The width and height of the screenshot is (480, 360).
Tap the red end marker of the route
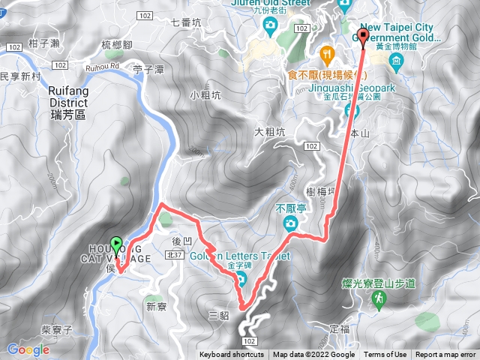tap(364, 36)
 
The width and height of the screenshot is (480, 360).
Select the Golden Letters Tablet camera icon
tap(242, 280)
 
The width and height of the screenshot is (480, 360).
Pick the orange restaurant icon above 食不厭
tap(326, 54)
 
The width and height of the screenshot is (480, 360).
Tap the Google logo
tap(28, 349)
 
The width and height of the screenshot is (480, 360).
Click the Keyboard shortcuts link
tap(233, 355)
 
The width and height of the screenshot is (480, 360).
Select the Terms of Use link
tap(385, 355)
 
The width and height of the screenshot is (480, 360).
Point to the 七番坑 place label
tap(187, 22)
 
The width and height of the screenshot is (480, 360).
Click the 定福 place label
tap(340, 328)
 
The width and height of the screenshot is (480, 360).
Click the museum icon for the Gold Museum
tap(395, 59)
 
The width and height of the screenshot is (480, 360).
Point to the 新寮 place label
tap(157, 306)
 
